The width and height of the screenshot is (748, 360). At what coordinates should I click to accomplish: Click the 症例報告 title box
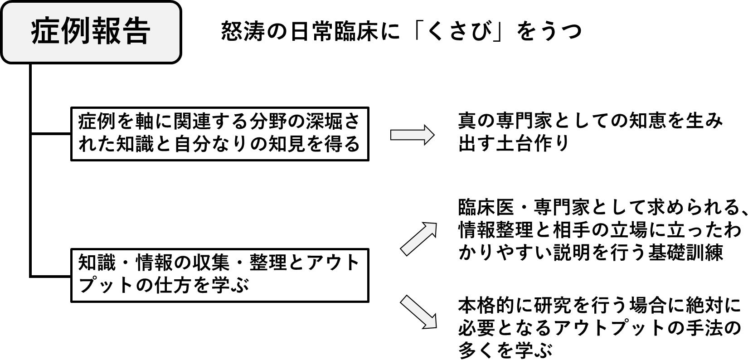tap(91, 32)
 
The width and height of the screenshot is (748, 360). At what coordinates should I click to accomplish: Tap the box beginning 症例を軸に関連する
tap(220, 133)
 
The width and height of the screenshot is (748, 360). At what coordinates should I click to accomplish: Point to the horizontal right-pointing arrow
tap(412, 135)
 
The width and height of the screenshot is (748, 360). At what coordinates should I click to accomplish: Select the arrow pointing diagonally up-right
tap(419, 238)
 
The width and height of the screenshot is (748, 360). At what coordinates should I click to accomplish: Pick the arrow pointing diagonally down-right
tap(419, 311)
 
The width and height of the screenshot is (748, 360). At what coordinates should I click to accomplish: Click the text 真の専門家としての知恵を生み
tap(590, 122)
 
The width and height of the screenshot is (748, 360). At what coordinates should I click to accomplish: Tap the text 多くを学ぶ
tap(505, 350)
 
